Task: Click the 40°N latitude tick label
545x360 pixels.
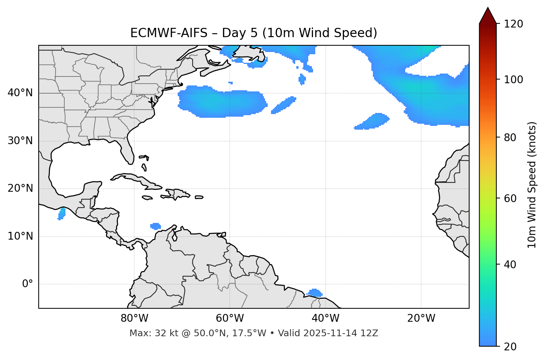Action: click(x=20, y=93)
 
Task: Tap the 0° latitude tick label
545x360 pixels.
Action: click(x=28, y=284)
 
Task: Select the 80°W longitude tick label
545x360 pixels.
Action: click(x=134, y=318)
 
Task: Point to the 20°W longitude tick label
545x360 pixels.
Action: click(x=421, y=318)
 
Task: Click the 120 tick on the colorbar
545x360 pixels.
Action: click(x=513, y=24)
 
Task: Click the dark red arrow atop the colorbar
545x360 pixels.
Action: click(x=488, y=16)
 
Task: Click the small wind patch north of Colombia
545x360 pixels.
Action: click(x=155, y=226)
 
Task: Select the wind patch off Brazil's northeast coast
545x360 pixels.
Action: click(x=315, y=293)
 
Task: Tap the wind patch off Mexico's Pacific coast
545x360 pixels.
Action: click(x=62, y=214)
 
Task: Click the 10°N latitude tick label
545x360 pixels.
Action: click(x=20, y=236)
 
